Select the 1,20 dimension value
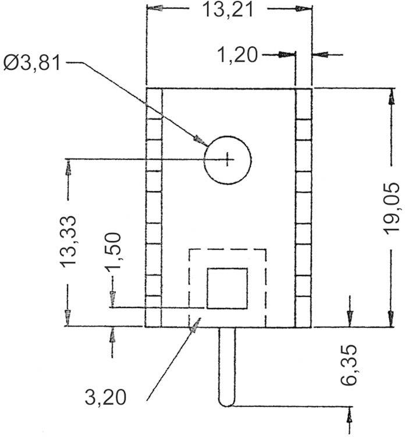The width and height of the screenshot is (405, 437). pyautogui.click(x=237, y=55)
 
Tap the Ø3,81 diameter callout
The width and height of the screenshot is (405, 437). pyautogui.click(x=32, y=62)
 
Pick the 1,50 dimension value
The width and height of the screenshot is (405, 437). pyautogui.click(x=113, y=251)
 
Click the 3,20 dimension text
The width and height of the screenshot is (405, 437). pyautogui.click(x=106, y=397)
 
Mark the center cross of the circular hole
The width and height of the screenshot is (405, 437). pyautogui.click(x=228, y=158)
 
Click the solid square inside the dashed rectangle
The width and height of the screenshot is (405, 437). pyautogui.click(x=228, y=288)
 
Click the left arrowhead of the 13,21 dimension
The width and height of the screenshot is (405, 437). pyautogui.click(x=154, y=9)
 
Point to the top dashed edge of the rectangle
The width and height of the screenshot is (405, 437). pyautogui.click(x=227, y=250)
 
